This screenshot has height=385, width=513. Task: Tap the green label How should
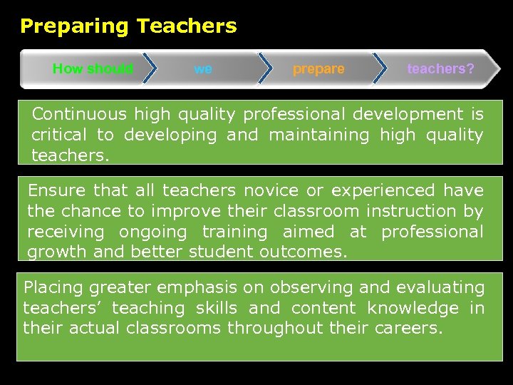[x=93, y=69]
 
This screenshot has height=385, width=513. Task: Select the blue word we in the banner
[x=203, y=69]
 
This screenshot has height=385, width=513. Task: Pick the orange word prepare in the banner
[x=318, y=69]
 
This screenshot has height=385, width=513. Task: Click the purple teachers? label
[x=440, y=69]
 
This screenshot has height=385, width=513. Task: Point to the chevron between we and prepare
[x=264, y=69]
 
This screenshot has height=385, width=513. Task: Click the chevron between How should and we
[x=150, y=69]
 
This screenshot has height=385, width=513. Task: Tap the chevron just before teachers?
[x=380, y=69]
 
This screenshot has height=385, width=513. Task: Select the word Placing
[x=53, y=288]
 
